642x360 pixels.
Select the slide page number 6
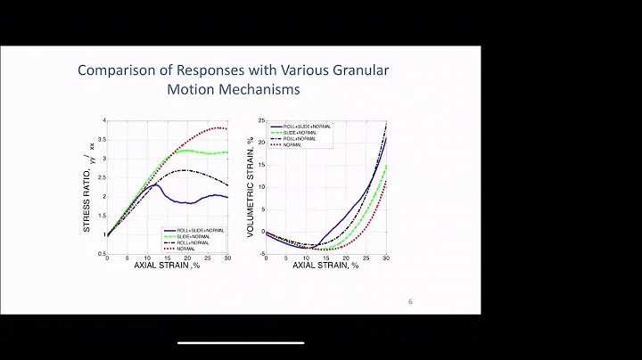click(410, 301)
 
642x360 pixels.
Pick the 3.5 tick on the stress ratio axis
click(103, 140)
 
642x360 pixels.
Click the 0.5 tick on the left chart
click(103, 253)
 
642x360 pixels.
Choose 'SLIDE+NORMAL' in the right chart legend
click(299, 133)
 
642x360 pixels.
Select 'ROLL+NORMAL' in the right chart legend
click(298, 139)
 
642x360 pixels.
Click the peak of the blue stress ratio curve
click(154, 184)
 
